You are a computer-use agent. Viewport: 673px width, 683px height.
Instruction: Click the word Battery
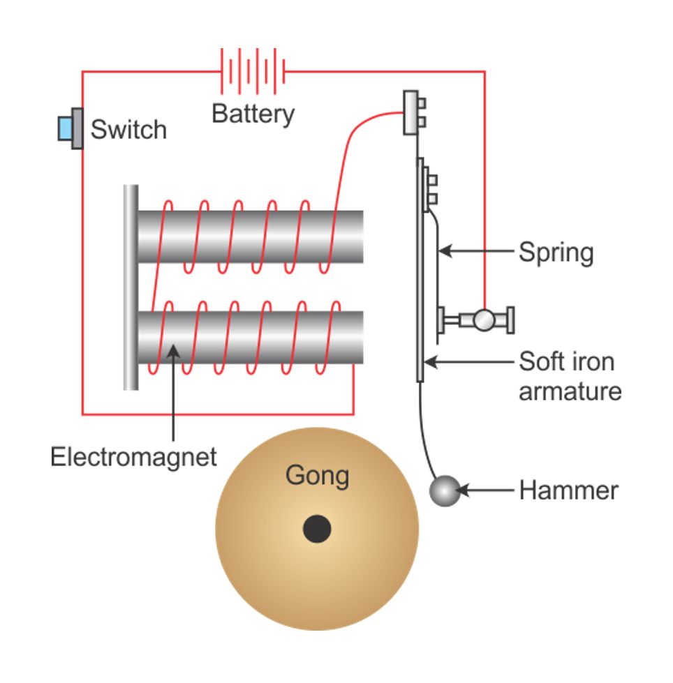(253, 114)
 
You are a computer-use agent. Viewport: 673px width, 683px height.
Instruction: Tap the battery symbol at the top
(253, 71)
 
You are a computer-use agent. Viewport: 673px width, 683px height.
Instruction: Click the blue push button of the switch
(65, 128)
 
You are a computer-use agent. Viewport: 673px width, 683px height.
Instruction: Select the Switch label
(128, 129)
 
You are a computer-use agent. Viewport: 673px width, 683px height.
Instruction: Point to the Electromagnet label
(133, 458)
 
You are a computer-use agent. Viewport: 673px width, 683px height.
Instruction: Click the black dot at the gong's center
(317, 528)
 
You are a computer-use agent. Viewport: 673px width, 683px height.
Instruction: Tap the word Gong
(318, 476)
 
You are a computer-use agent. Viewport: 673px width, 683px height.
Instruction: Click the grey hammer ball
(445, 491)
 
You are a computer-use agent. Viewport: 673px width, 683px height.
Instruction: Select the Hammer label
(568, 491)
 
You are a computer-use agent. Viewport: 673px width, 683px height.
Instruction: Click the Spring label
(556, 253)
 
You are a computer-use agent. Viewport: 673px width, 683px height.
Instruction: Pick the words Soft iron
(567, 361)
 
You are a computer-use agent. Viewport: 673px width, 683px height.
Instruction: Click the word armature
(570, 391)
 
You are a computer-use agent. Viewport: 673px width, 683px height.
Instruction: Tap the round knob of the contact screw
(484, 320)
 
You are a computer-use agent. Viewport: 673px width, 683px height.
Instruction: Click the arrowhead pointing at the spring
(445, 251)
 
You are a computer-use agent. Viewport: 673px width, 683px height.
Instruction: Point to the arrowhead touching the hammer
(464, 490)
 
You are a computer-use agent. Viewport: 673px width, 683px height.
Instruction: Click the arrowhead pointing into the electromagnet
(173, 351)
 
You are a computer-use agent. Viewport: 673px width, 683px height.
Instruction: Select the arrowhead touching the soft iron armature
(431, 361)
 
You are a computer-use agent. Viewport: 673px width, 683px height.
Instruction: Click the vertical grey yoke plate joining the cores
(131, 287)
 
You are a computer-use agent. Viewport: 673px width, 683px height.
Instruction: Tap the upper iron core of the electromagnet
(250, 237)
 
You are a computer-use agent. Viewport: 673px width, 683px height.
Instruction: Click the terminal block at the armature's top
(414, 112)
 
